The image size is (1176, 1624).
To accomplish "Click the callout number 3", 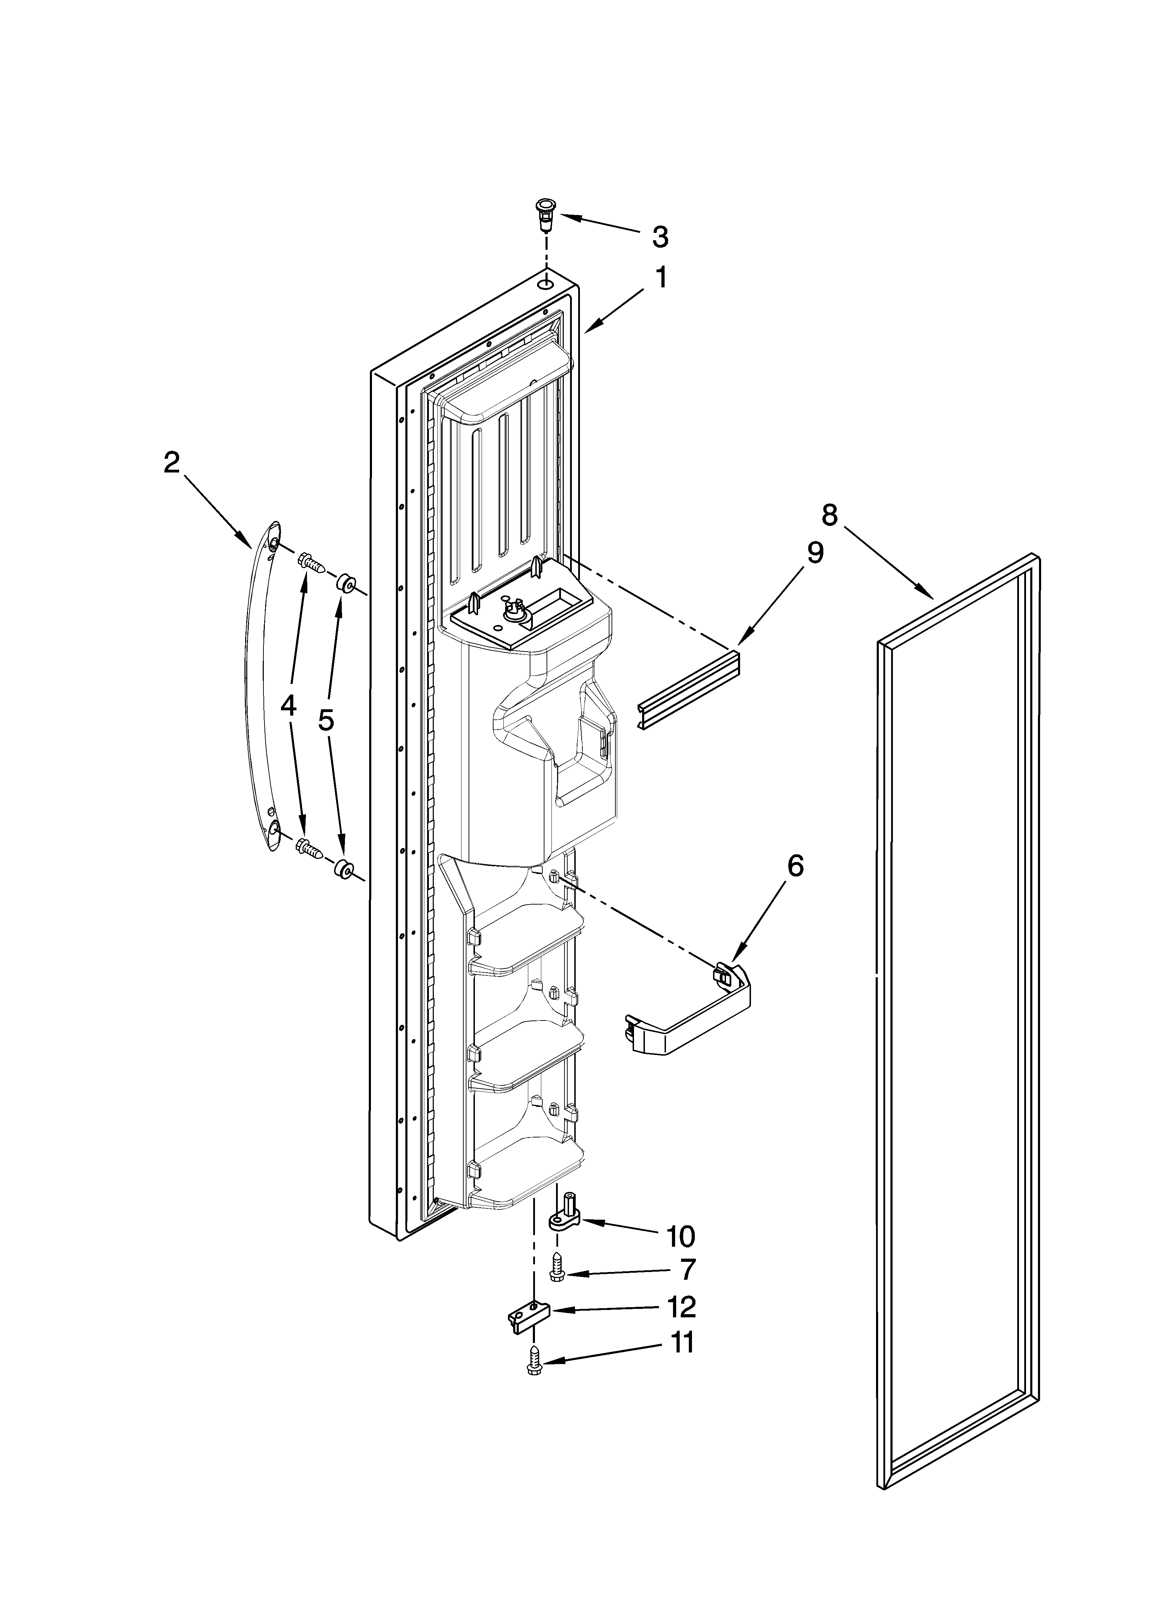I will (660, 237).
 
